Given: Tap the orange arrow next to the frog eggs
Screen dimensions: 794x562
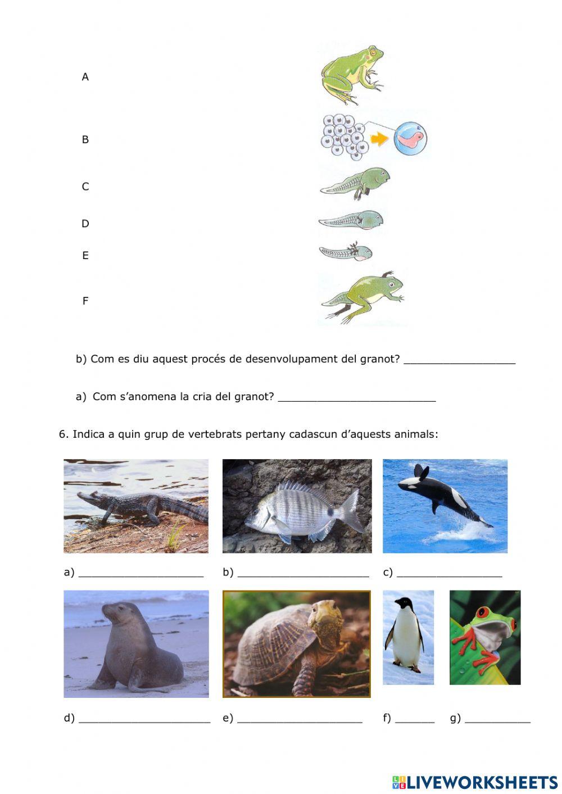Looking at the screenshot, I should click(x=380, y=139).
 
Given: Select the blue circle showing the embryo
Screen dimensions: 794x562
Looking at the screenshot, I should click(x=410, y=138).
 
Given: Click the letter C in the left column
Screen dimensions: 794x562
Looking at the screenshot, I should click(x=85, y=187).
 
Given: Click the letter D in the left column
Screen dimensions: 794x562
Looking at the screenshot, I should click(x=85, y=224).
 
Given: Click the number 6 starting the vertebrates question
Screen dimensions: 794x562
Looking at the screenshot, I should click(x=62, y=434).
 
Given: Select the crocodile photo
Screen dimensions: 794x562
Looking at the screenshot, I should click(x=136, y=506).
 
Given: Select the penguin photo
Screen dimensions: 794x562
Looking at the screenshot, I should click(x=408, y=637).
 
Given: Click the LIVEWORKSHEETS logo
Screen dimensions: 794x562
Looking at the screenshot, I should click(x=475, y=782).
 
